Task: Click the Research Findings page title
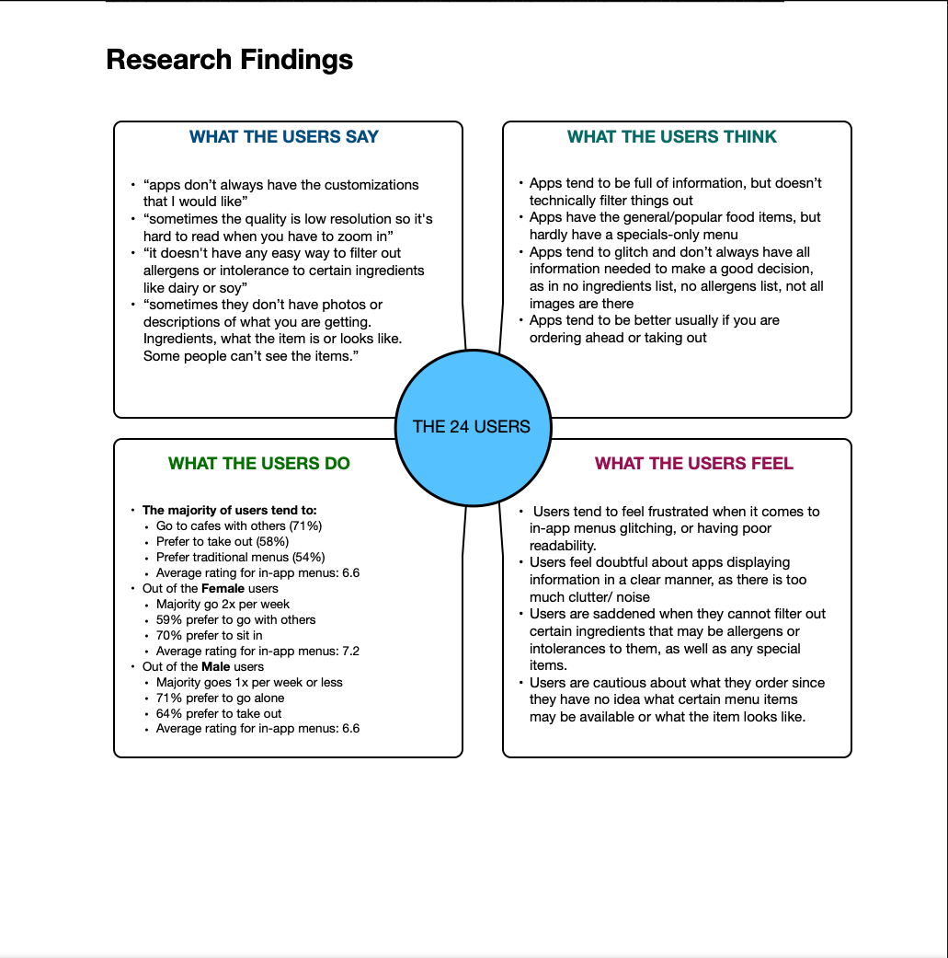coord(229,60)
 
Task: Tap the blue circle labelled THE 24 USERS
coord(472,426)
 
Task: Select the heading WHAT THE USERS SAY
coord(284,137)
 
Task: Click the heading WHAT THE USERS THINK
coord(672,137)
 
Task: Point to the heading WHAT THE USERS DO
coord(259,464)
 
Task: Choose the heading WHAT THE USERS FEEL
coord(694,464)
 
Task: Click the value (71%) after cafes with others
coord(305,525)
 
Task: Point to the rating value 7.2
coord(349,651)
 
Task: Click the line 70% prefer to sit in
coord(209,635)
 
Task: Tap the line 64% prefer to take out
coord(219,713)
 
